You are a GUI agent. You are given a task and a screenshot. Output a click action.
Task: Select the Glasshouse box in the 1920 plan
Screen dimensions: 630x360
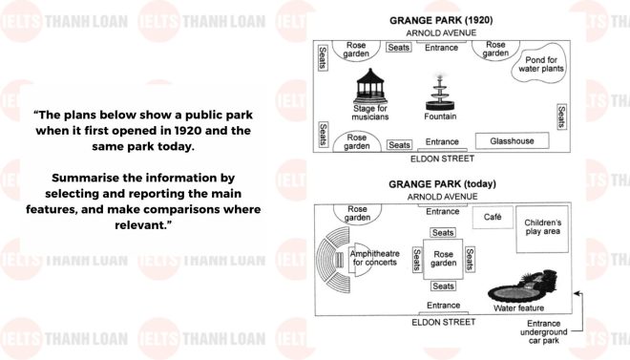[x=512, y=140]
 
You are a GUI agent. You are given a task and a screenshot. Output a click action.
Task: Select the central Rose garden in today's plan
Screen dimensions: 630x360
[x=443, y=258]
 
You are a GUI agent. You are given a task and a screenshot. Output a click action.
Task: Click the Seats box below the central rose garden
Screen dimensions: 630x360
[x=443, y=286]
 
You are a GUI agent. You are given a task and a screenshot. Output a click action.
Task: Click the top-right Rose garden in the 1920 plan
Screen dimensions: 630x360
[x=496, y=49]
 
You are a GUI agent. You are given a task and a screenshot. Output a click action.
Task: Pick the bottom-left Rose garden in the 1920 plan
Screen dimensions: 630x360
[x=358, y=141]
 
